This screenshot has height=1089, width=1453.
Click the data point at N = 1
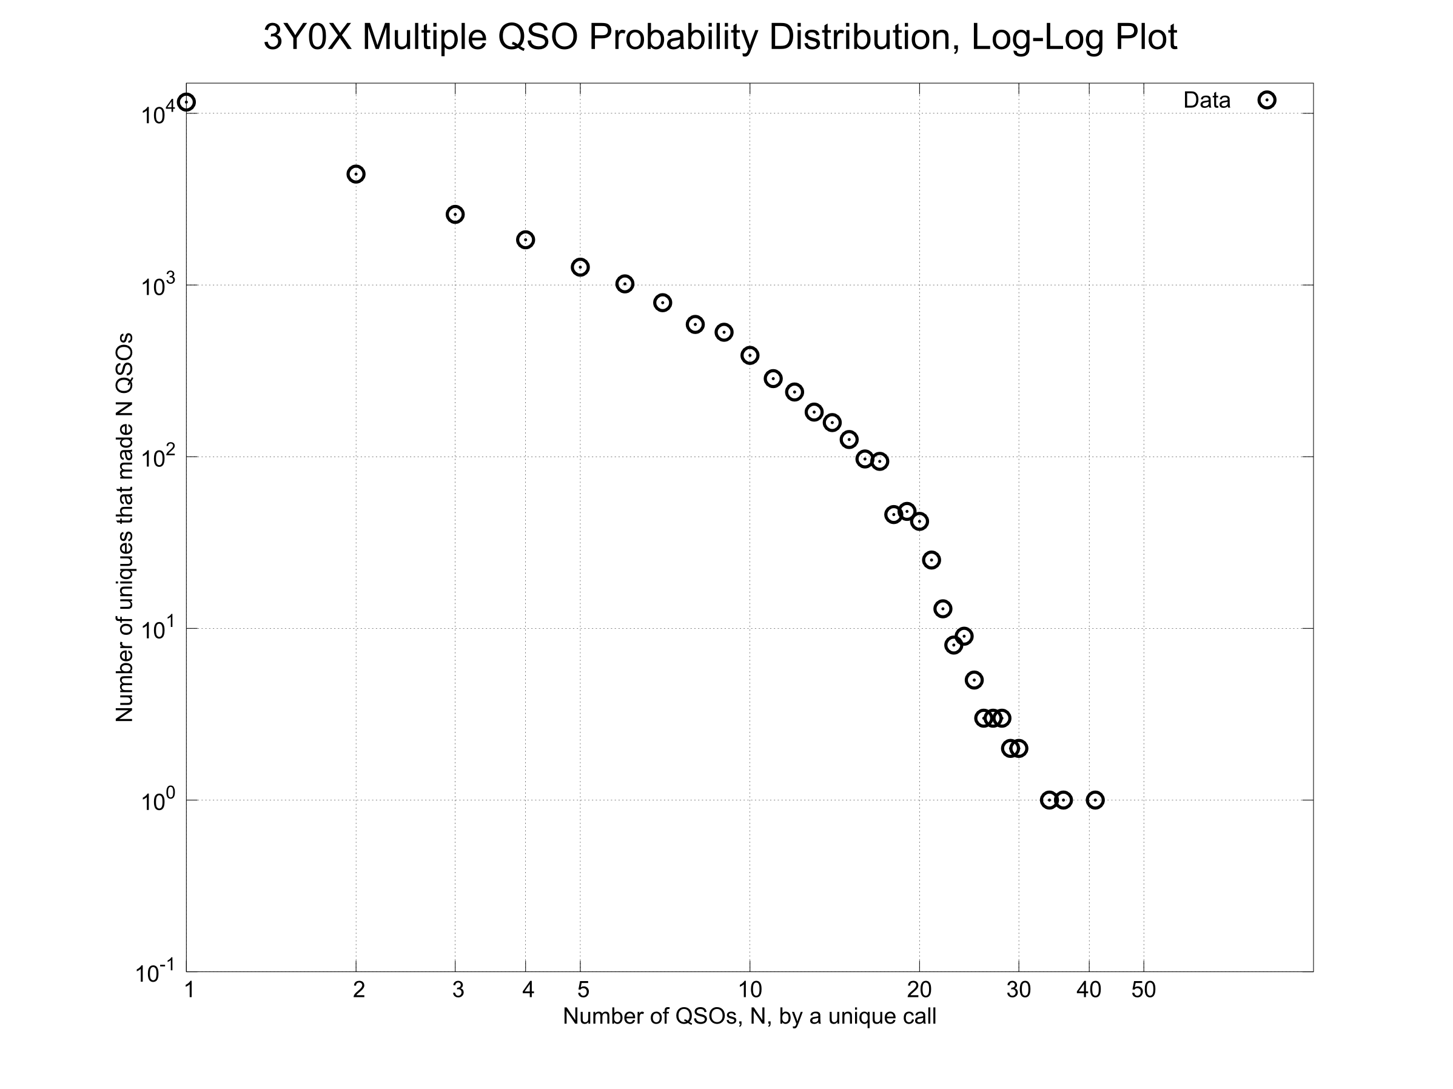click(187, 102)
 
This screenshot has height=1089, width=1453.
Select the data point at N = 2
click(356, 174)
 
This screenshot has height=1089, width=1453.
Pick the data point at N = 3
click(455, 215)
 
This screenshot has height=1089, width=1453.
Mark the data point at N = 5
click(580, 267)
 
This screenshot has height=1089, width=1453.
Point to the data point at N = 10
click(750, 356)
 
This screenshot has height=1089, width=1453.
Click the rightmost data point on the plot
click(1095, 800)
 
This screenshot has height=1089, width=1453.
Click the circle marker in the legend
click(1266, 101)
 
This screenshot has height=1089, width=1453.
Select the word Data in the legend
click(1207, 101)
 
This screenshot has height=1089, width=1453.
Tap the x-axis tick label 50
click(1144, 990)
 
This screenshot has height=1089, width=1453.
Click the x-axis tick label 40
click(1089, 990)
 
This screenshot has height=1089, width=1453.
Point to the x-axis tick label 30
click(1019, 990)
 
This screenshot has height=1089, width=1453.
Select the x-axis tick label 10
click(750, 990)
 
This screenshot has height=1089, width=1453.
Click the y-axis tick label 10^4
click(158, 113)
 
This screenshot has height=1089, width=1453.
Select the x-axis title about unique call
click(750, 1016)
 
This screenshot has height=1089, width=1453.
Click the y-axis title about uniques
click(124, 528)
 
